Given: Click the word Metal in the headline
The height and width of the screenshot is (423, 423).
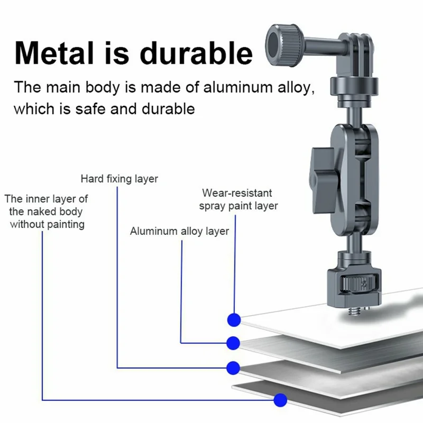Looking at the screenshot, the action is pos(54,53).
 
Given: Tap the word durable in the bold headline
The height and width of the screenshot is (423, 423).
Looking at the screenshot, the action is pos(196,53).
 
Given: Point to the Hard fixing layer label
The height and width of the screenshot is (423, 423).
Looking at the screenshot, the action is pos(119,179).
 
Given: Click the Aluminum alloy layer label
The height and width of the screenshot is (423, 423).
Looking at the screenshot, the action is pos(179,231).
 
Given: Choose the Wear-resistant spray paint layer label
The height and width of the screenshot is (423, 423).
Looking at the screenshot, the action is pos(238,199).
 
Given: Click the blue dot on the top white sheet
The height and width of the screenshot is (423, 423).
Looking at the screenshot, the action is pos(234,320).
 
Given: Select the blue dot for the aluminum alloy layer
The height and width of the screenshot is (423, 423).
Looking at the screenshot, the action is pos(233,343).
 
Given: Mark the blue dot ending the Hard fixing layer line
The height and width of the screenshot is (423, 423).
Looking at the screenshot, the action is pos(233,367).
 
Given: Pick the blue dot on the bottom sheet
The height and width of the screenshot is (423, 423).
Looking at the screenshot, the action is pos(280,400).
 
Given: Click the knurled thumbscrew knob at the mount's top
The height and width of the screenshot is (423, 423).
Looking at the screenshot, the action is pos(284,45).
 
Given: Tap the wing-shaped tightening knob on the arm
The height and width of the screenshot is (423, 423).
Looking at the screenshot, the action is pos(324,180).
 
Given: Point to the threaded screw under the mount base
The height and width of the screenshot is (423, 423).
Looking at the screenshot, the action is pos(353,312).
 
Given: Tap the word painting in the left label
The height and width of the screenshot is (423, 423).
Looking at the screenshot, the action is pos(66,224).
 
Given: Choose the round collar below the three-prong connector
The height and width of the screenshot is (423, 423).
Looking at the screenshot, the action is pos(354,86).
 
